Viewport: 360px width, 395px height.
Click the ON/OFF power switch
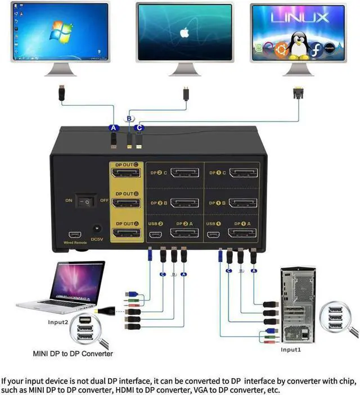click(86, 200)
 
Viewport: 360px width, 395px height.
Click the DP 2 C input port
click(183, 173)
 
